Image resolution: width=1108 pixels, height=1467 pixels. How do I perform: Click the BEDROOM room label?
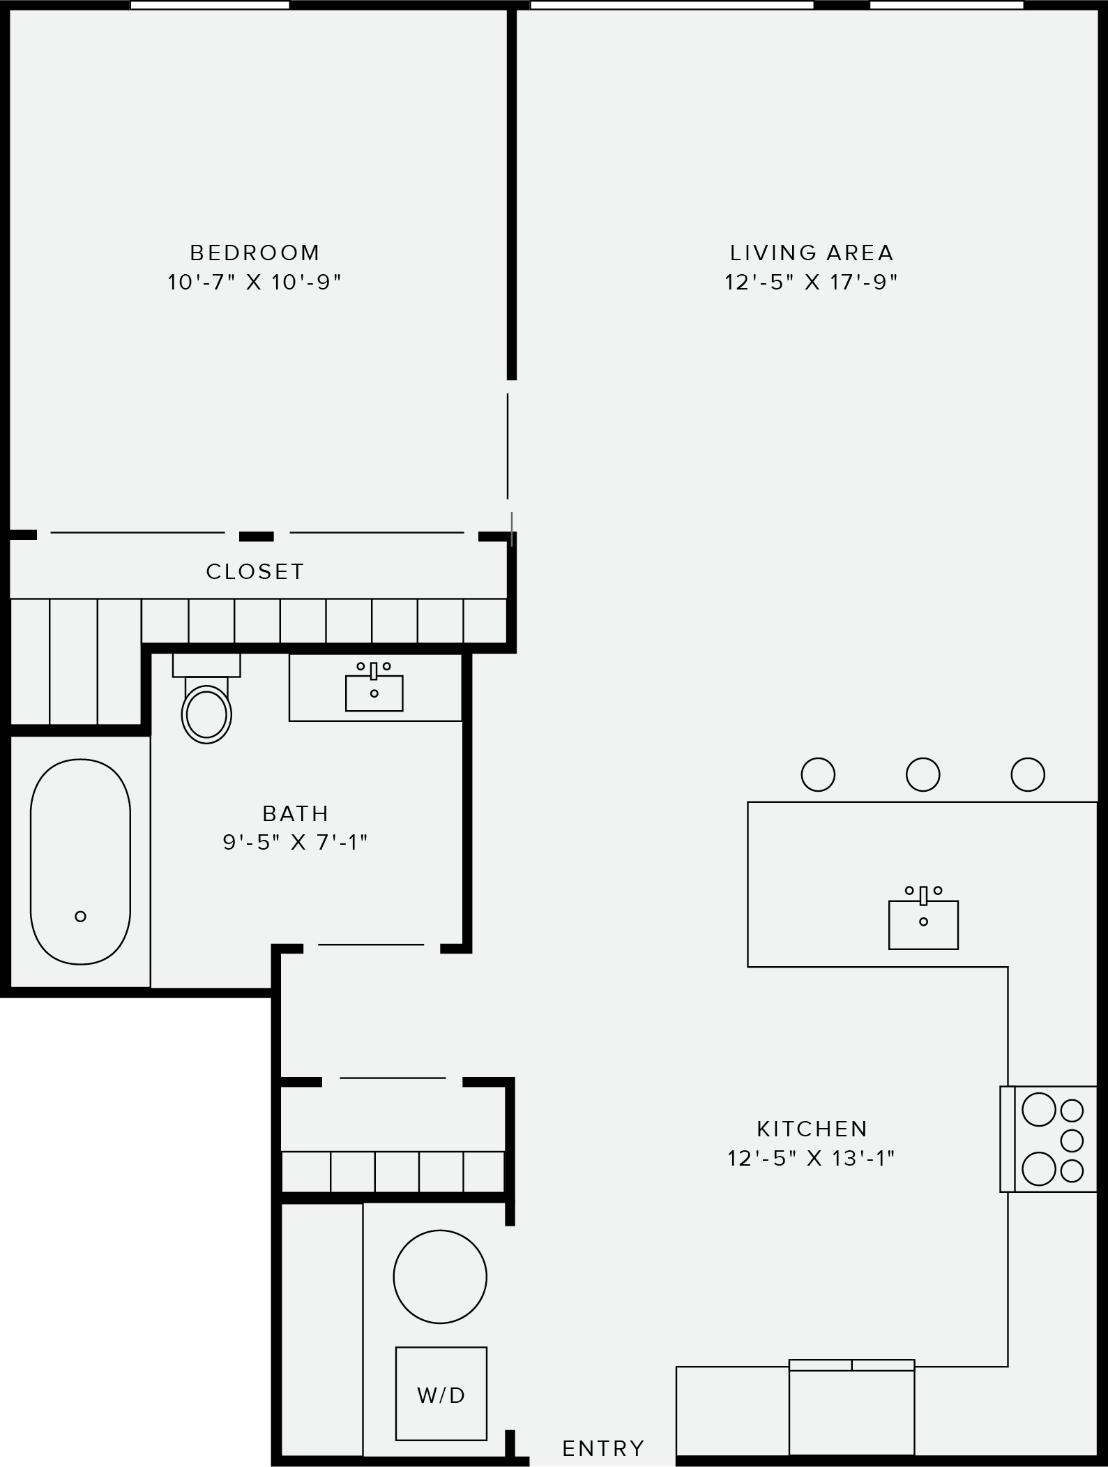coord(255,252)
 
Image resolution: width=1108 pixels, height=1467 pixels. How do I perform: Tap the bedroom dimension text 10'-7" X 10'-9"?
coord(255,283)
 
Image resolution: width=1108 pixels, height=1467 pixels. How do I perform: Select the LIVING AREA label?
coord(811,252)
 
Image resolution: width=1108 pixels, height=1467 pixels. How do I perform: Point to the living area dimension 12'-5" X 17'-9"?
coord(811,283)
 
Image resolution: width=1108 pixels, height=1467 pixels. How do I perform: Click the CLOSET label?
coord(255,571)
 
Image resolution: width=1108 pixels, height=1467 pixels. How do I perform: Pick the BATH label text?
coord(296,813)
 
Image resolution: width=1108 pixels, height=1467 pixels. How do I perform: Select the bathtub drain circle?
coord(81,916)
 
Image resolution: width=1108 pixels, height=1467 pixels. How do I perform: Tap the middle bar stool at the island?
coord(923,774)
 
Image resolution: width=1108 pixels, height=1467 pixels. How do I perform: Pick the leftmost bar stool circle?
coord(818,774)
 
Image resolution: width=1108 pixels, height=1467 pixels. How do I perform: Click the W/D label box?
coord(441,1393)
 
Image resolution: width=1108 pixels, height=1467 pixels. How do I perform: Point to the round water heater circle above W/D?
coord(440,1277)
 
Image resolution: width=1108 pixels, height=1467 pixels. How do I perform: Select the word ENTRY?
coord(603,1449)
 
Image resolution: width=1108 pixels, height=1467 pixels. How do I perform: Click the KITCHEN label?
coord(812,1128)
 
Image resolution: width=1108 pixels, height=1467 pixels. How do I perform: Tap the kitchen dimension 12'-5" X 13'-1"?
coord(811,1159)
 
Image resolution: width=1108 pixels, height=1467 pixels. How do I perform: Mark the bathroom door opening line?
coord(371,945)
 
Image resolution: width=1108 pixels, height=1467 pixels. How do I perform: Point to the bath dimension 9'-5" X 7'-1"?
coord(296,843)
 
